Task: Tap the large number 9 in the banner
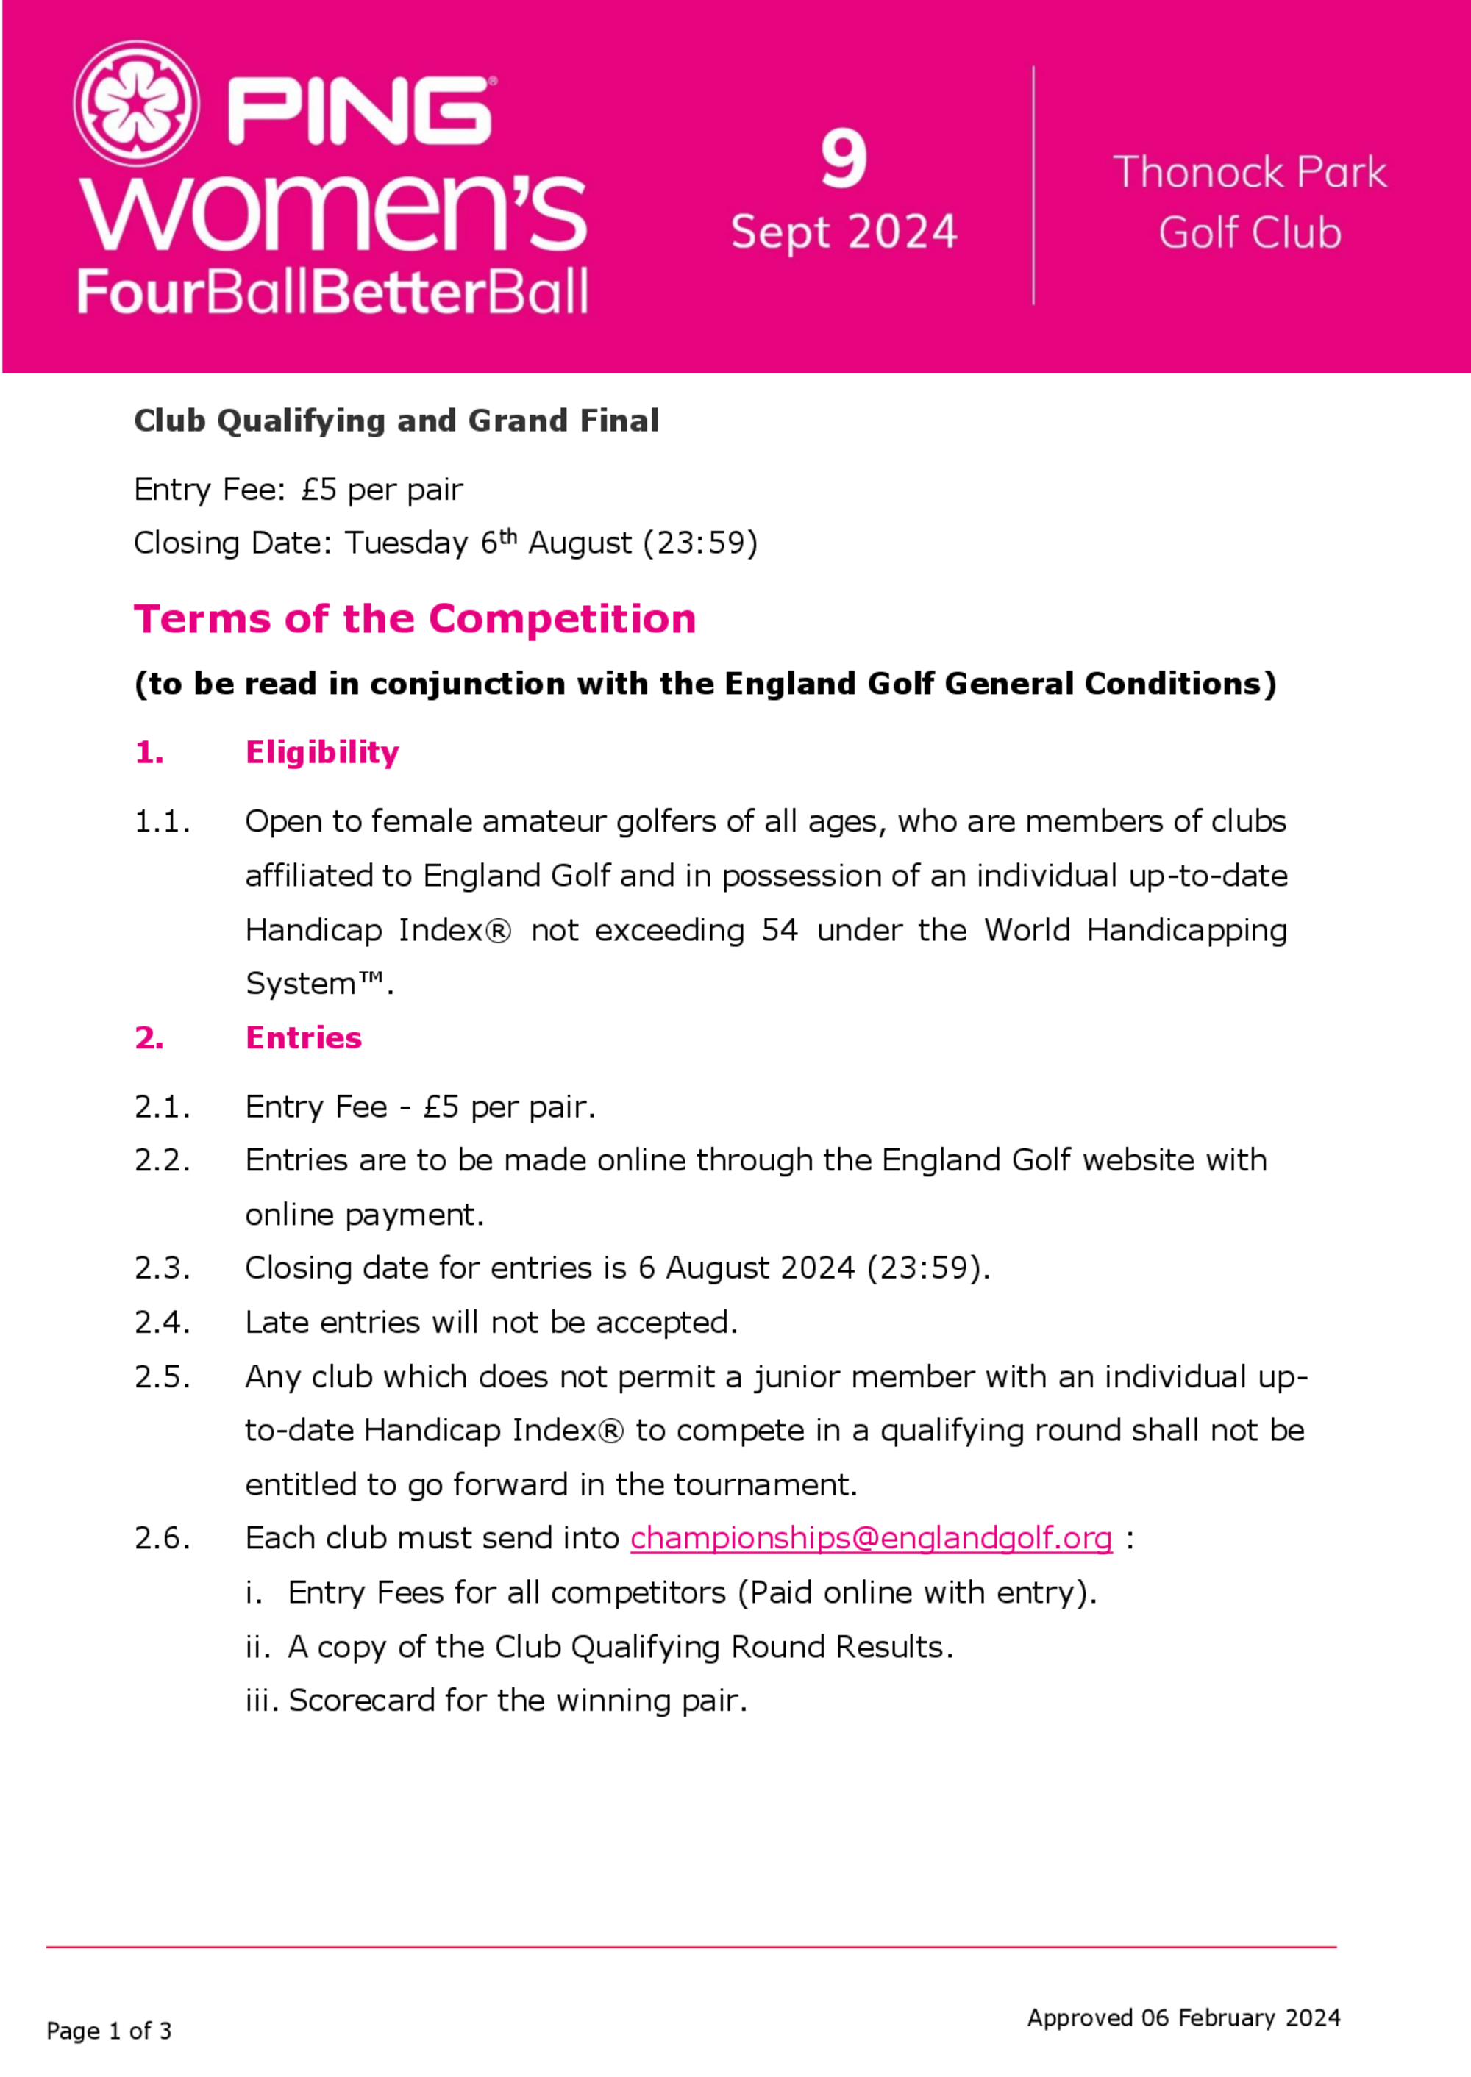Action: point(844,159)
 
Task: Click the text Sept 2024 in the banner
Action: point(844,232)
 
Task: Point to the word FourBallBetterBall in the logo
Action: point(332,292)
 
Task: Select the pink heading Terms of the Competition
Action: point(415,619)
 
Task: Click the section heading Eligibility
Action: point(321,752)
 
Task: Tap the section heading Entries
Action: point(304,1037)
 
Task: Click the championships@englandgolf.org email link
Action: point(870,1538)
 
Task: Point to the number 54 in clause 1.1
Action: point(779,930)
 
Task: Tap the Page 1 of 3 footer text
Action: point(109,2031)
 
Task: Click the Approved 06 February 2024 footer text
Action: point(1183,2018)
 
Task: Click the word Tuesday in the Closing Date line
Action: point(407,543)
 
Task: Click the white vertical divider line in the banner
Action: point(1033,185)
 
